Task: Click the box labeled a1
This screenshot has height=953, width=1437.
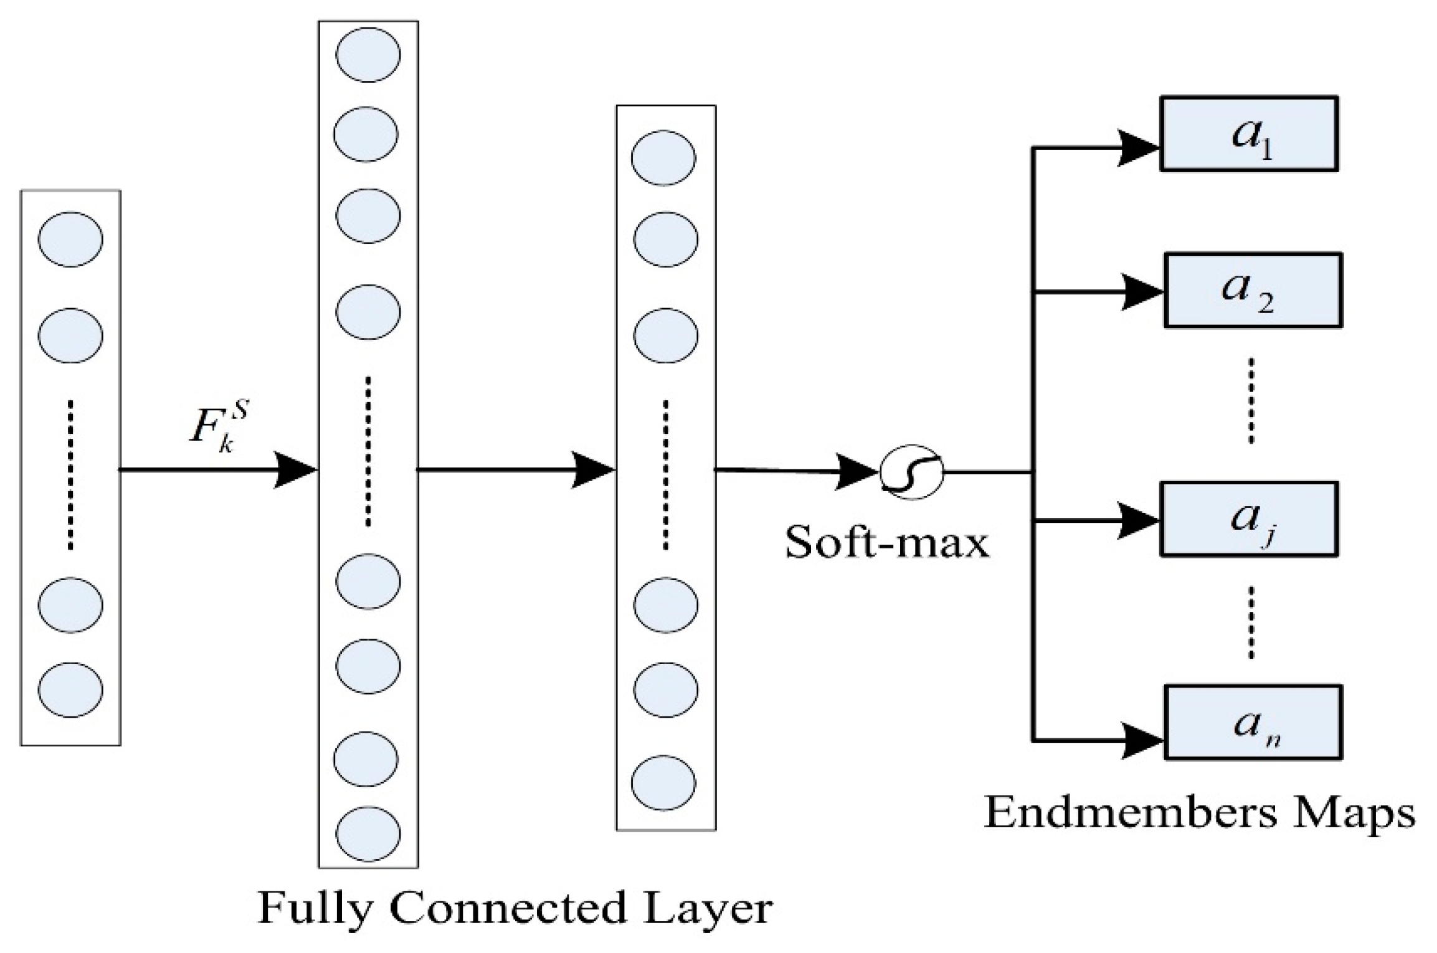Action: click(1249, 133)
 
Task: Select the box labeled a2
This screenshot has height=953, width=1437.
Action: click(1253, 290)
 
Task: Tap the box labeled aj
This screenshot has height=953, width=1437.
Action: click(1249, 519)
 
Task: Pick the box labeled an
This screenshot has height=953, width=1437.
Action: click(1253, 722)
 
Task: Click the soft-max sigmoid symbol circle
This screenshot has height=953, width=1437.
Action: click(911, 472)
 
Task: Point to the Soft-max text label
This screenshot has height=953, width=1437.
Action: click(886, 543)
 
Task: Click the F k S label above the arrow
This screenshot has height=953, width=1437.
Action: click(217, 429)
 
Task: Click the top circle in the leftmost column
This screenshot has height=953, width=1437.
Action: click(70, 240)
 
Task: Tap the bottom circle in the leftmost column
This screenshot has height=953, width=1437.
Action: click(70, 690)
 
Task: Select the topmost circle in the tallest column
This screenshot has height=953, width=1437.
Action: click(368, 54)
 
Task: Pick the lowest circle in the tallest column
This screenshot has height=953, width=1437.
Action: click(368, 834)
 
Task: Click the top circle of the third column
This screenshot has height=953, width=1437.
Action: click(663, 157)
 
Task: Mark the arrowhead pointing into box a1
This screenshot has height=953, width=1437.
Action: click(1139, 148)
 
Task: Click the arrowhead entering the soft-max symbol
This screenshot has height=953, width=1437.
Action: click(858, 472)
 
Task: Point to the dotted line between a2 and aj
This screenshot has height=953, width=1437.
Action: click(1251, 400)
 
